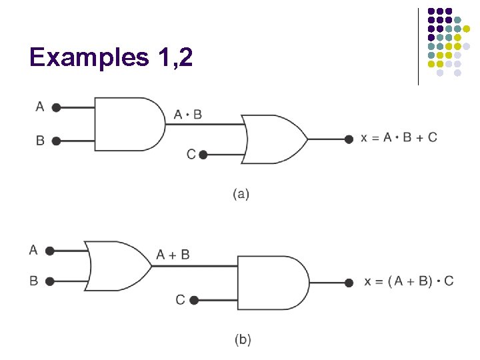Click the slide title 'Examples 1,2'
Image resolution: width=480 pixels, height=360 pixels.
coord(111,58)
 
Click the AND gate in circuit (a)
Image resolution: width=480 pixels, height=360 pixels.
coord(129,123)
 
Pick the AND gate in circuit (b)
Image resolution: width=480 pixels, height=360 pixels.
coord(272,283)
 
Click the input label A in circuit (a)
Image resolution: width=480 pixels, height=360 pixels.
coord(40,107)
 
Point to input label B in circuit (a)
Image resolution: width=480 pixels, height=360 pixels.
coord(40,141)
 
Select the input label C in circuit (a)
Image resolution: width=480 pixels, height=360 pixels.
coord(191,155)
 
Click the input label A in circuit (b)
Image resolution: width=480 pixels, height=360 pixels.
coord(33,250)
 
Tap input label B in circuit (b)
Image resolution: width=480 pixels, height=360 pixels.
coord(33,281)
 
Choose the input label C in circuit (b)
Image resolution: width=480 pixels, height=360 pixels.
coord(180,300)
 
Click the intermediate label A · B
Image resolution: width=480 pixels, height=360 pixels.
coord(187,115)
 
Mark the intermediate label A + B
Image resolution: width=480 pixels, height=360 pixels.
coord(173,255)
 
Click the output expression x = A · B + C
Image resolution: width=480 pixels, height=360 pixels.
coord(399,137)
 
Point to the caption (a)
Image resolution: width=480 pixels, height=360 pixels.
coord(241,194)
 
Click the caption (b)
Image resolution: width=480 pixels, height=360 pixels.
coord(243,340)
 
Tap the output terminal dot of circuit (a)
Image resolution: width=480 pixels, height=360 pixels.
coord(348,139)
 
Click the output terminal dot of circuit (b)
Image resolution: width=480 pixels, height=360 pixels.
coord(349,283)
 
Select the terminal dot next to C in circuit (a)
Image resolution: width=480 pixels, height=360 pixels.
coord(203,155)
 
